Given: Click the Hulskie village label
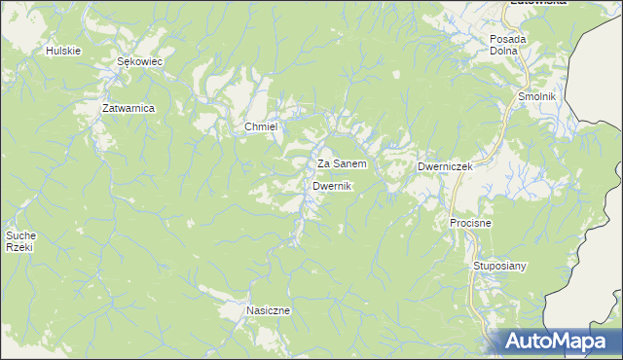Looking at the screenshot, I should coord(62,50).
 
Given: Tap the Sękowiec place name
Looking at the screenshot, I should coord(138,60).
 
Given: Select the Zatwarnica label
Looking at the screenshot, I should coord(128,108).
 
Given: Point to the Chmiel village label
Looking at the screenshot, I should coord(261,127).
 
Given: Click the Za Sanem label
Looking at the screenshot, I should coord(342,164).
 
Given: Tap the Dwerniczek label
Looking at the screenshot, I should coord(445,166).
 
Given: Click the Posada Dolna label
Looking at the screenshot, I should coord(507,45).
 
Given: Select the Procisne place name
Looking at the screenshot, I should coord(470,223).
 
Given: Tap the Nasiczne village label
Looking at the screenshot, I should coord(268,310).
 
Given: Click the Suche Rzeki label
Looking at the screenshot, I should coord(20,241).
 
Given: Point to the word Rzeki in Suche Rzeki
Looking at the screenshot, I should coord(20,248).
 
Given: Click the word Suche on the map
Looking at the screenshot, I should coord(20,235).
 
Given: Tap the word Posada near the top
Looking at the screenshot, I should coord(507,39).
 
